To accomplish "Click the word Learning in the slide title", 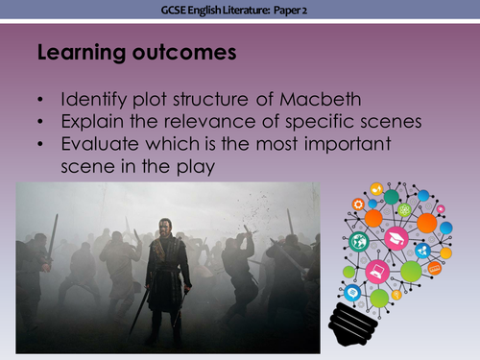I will point(76,54).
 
